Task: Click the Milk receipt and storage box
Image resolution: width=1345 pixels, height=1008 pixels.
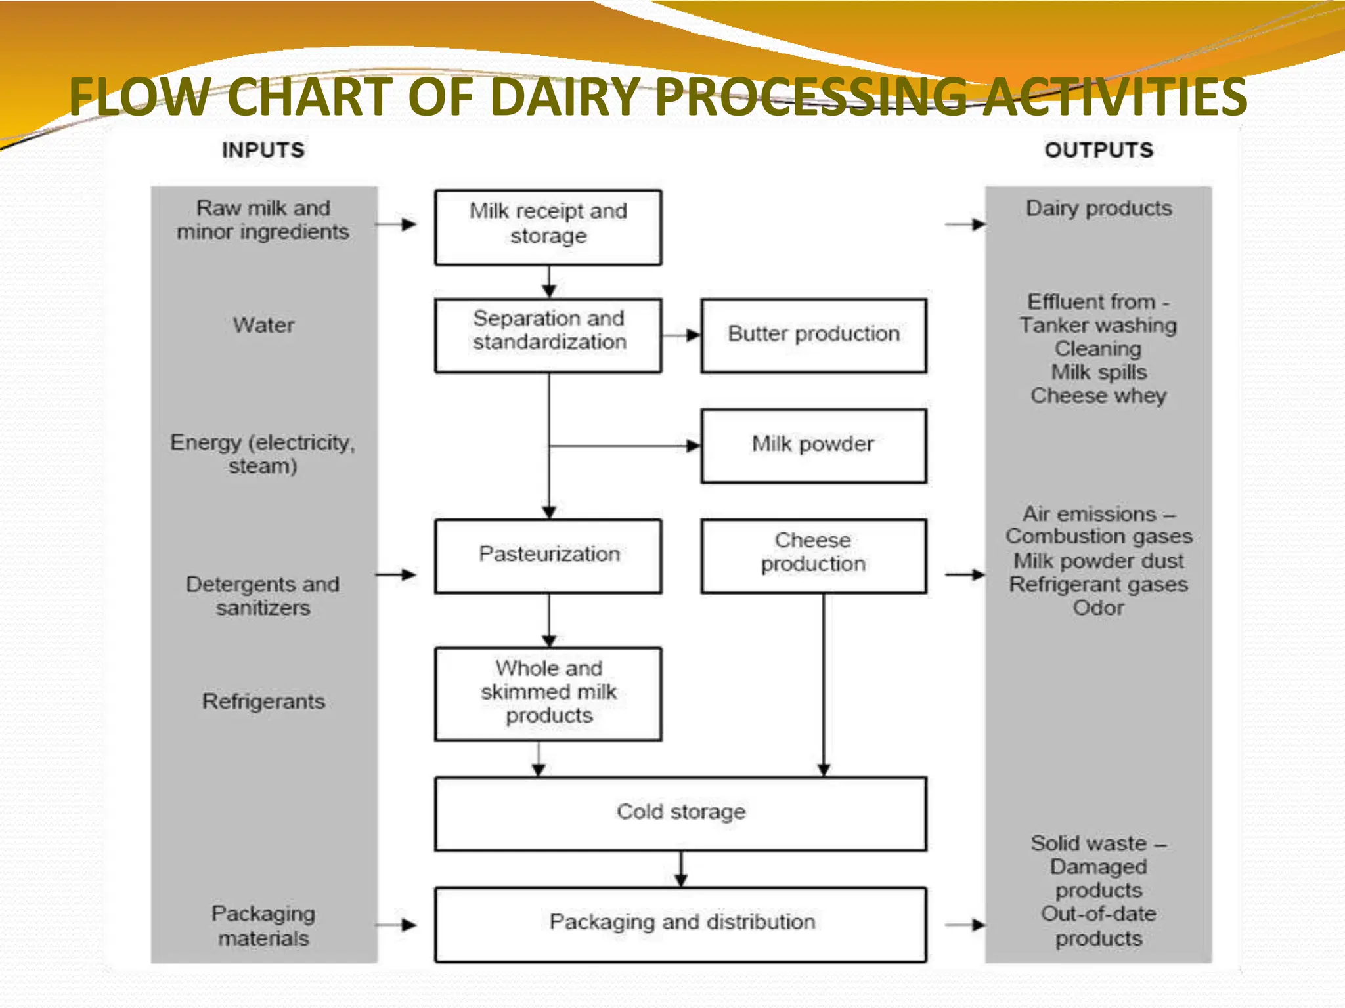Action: (548, 227)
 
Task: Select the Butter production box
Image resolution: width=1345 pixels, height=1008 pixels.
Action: (813, 335)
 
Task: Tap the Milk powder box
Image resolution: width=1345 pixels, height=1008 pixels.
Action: (813, 445)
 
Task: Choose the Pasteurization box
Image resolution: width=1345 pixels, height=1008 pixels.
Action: (548, 555)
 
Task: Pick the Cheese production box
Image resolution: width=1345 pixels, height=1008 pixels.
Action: (813, 555)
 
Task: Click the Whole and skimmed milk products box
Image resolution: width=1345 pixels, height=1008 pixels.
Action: (548, 693)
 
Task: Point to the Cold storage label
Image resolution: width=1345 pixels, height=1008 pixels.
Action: (681, 812)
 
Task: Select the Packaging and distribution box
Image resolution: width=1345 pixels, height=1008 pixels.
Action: (681, 923)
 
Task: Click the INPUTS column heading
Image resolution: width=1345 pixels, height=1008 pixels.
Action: (263, 150)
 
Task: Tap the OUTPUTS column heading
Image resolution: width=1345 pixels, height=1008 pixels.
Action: (1099, 150)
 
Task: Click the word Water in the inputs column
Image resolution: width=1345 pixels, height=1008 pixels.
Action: (263, 325)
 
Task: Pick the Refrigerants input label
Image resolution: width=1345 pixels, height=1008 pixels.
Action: (263, 702)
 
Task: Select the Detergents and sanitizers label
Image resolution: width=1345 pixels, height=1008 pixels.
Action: (263, 596)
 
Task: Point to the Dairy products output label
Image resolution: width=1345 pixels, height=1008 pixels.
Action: (1099, 209)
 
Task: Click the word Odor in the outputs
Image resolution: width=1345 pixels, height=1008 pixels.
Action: (1099, 608)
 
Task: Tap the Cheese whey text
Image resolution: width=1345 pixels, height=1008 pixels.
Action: (1099, 396)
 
